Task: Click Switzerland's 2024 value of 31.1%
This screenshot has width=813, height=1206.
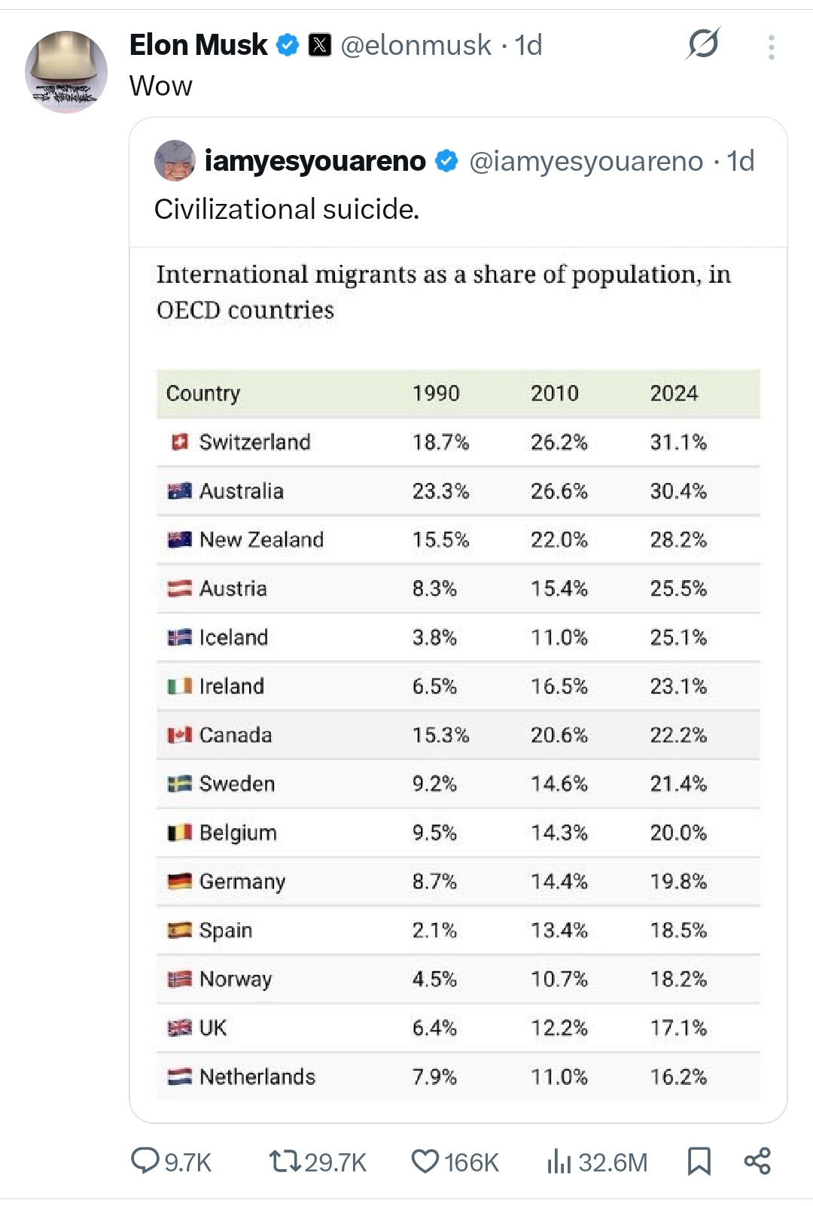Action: pyautogui.click(x=678, y=442)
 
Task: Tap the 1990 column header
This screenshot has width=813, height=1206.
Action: pyautogui.click(x=436, y=393)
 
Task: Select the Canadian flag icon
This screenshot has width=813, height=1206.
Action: pyautogui.click(x=179, y=735)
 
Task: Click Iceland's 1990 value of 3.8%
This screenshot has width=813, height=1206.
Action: pyautogui.click(x=434, y=638)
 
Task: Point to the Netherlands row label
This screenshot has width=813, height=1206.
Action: pyautogui.click(x=257, y=1077)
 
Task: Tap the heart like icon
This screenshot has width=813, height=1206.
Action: pyautogui.click(x=425, y=1162)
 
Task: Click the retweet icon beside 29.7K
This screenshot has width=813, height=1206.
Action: pyautogui.click(x=285, y=1162)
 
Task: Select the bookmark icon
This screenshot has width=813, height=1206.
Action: pyautogui.click(x=699, y=1162)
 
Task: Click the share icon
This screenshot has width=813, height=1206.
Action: pyautogui.click(x=757, y=1162)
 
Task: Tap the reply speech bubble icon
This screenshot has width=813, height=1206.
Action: pyautogui.click(x=145, y=1161)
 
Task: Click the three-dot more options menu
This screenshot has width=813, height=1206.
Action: pyautogui.click(x=771, y=47)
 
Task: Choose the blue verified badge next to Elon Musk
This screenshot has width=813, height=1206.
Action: pyautogui.click(x=287, y=45)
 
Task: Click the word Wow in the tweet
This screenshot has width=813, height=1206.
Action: pyautogui.click(x=161, y=87)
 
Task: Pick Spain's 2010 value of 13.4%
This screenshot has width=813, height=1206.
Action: pyautogui.click(x=559, y=931)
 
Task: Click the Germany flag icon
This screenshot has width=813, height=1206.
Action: pyautogui.click(x=179, y=882)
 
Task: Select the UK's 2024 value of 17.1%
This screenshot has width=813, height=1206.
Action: pyautogui.click(x=678, y=1028)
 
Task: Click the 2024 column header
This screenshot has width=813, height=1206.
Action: pyautogui.click(x=674, y=393)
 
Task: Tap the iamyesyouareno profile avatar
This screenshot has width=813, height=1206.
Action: pyautogui.click(x=175, y=161)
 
